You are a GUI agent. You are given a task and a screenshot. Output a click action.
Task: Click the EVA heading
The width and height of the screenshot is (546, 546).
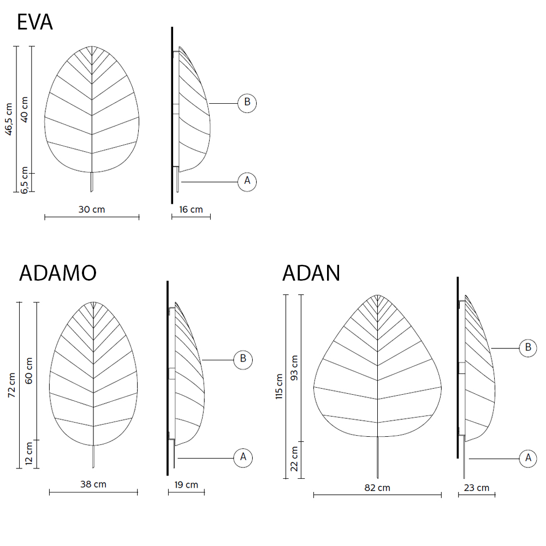coord(35,22)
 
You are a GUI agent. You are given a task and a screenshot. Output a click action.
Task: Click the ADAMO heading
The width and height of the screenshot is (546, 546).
coord(58,272)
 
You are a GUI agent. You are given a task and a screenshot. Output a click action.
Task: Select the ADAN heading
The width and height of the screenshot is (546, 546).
coord(311,272)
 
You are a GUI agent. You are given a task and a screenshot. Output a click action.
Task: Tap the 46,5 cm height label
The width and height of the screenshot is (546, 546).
coord(9,119)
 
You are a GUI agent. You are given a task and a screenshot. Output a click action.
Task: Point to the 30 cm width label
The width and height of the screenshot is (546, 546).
coord(92,209)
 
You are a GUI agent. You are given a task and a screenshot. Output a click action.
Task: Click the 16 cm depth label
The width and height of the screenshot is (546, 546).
coord(191,209)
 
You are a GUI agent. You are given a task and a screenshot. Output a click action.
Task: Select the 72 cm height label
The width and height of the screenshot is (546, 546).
coord(12,385)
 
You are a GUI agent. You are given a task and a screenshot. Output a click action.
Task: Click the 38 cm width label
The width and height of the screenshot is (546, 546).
coord(93,484)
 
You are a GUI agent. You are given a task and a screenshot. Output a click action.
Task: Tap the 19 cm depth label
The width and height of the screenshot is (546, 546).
coord(186,485)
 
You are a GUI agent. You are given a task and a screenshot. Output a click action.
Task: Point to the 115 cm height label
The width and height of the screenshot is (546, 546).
coord(279,387)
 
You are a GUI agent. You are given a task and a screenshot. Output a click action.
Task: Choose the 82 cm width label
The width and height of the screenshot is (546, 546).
coord(377,488)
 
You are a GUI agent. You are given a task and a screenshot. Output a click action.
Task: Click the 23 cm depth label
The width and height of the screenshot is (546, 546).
coord(477,488)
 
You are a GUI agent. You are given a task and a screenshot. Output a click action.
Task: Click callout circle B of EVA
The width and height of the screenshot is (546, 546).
coord(247,103)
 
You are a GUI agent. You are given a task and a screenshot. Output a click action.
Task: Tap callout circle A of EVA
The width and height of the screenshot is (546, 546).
coord(247,181)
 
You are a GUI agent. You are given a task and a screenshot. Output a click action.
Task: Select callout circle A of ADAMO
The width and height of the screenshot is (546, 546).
coord(243,458)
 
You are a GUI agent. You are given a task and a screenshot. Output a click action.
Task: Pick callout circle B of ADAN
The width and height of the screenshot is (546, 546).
coord(528,348)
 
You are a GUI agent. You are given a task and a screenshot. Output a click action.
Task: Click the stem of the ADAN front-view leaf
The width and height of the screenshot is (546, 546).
coord(377,458)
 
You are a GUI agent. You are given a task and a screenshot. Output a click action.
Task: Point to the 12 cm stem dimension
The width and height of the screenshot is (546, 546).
coord(29,454)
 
